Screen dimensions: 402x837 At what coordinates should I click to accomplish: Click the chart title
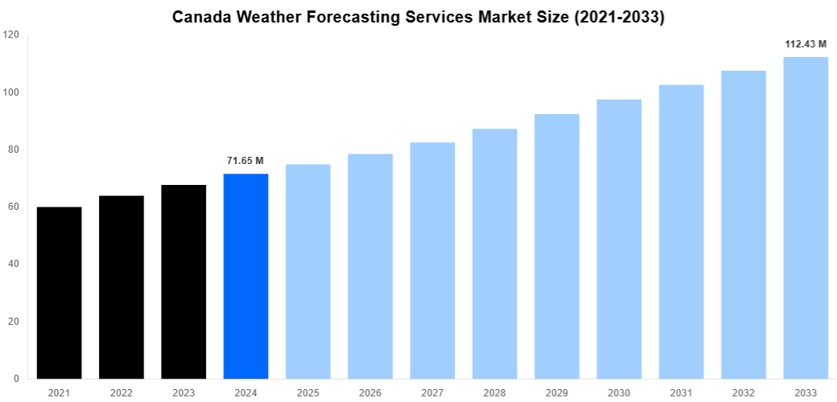418,18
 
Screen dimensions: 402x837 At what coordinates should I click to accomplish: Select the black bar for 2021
59,293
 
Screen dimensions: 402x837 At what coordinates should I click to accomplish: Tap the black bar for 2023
183,281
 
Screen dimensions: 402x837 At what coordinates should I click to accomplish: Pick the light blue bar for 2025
307,271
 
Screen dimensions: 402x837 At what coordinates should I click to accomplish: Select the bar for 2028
494,253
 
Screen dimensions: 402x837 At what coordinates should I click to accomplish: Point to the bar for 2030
619,239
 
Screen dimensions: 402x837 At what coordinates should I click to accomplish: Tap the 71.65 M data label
245,161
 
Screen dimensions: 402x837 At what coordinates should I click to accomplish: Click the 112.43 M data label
806,44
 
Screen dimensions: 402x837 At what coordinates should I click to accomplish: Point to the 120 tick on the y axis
11,35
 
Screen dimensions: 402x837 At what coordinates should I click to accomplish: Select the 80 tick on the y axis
14,150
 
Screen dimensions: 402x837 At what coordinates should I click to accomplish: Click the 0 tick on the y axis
17,379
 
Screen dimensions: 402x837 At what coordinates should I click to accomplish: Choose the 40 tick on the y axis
14,265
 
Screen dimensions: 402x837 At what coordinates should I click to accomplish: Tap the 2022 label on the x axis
122,392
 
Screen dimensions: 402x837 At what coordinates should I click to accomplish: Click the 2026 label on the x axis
370,392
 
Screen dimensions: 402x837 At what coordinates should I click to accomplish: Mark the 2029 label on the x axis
557,392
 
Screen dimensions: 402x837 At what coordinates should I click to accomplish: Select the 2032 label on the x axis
744,392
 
